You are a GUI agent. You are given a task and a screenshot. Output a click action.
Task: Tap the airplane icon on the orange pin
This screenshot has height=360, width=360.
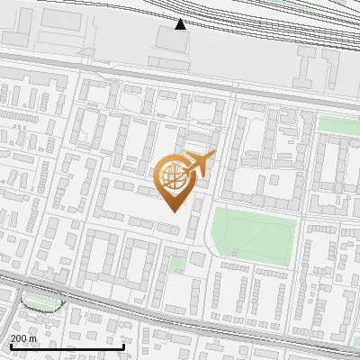pyautogui.click(x=198, y=164)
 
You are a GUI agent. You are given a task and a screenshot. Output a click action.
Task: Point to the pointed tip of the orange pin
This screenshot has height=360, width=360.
pyautogui.click(x=173, y=209)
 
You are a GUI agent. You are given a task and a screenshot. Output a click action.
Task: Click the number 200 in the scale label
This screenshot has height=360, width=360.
pyautogui.click(x=19, y=338)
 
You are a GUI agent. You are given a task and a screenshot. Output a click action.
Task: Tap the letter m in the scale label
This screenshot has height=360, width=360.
pyautogui.click(x=33, y=338)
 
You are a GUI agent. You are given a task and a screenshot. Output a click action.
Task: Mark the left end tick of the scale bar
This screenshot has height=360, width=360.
pyautogui.click(x=10, y=346)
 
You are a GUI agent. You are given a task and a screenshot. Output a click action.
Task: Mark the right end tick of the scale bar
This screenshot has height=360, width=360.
pyautogui.click(x=122, y=346)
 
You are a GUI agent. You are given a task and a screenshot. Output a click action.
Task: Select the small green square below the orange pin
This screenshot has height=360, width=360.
pyautogui.click(x=178, y=265)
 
